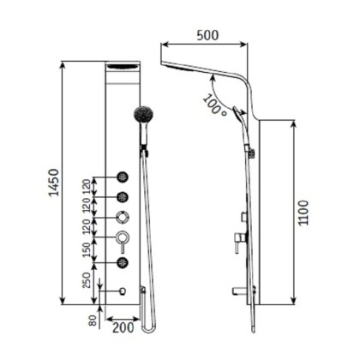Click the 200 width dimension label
(122, 325)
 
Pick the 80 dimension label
(93, 321)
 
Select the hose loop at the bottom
(149, 326)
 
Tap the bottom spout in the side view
(237, 291)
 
